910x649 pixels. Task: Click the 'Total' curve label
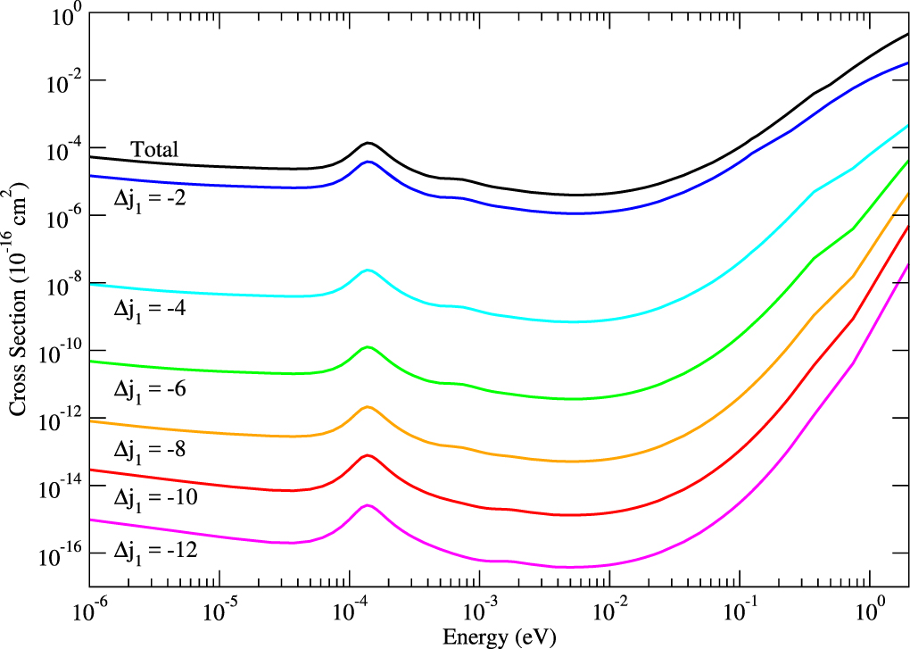click(155, 150)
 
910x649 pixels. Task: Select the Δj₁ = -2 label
click(155, 198)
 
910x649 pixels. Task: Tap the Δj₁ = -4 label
click(155, 309)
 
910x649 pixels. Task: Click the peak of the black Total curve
click(368, 143)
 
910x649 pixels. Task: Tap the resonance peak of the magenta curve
click(367, 505)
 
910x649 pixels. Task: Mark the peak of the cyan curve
click(367, 270)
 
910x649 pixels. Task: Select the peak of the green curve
click(367, 346)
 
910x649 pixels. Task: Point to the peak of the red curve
click(367, 455)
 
